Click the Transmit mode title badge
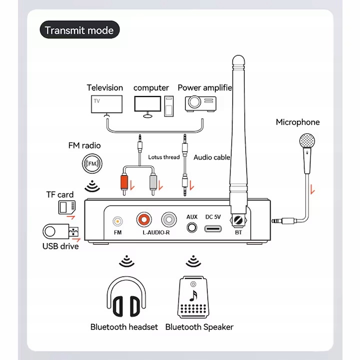(79, 30)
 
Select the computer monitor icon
(148, 104)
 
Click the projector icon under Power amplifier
(200, 103)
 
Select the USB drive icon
(61, 232)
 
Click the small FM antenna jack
(117, 220)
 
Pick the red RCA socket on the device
(145, 219)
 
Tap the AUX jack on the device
(191, 227)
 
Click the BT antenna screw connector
(238, 219)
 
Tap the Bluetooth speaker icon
(192, 297)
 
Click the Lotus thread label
(164, 157)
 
